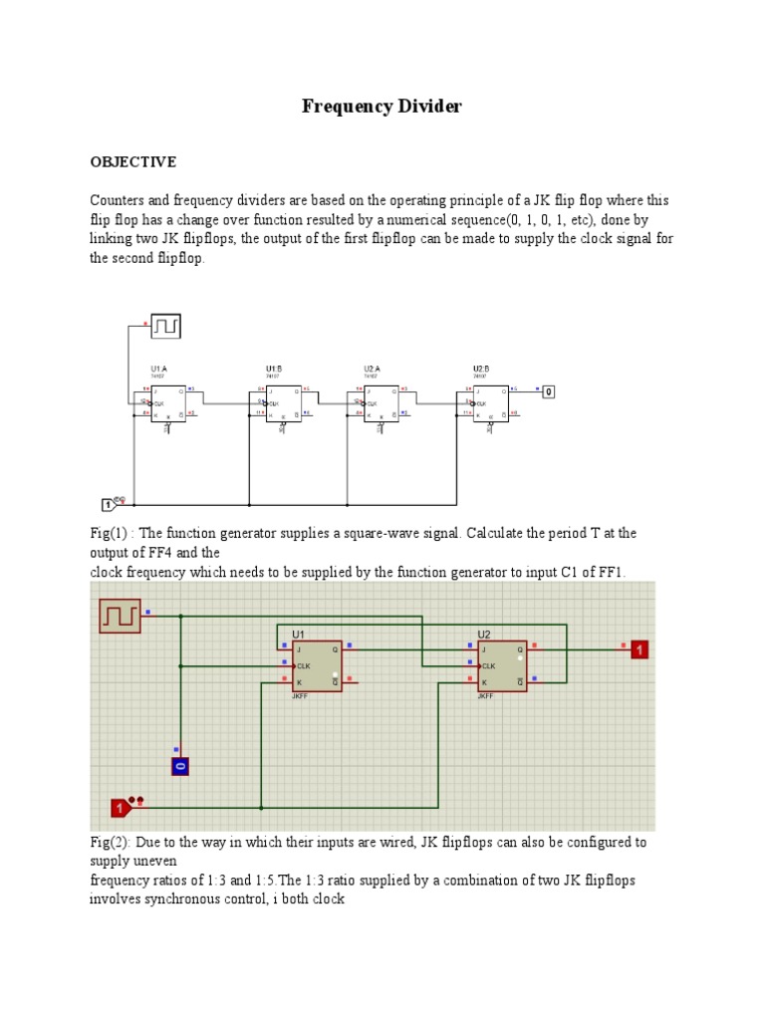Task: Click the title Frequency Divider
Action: pos(382,107)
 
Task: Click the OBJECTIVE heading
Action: pos(133,161)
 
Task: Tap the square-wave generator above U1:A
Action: pos(166,326)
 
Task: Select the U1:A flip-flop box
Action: pos(168,403)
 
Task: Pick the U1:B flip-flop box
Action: pos(283,403)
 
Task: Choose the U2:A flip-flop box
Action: pos(382,403)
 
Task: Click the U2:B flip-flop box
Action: pos(490,403)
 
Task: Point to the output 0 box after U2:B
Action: pos(548,392)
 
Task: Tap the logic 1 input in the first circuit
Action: pos(111,505)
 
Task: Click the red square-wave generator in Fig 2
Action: pos(120,617)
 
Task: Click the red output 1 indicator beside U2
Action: pos(638,649)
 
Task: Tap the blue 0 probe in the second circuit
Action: pos(180,766)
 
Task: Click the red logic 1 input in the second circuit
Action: pos(121,807)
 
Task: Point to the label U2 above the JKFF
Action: pos(484,635)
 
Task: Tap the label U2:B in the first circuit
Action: pos(482,369)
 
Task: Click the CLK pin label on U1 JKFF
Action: pos(305,665)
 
